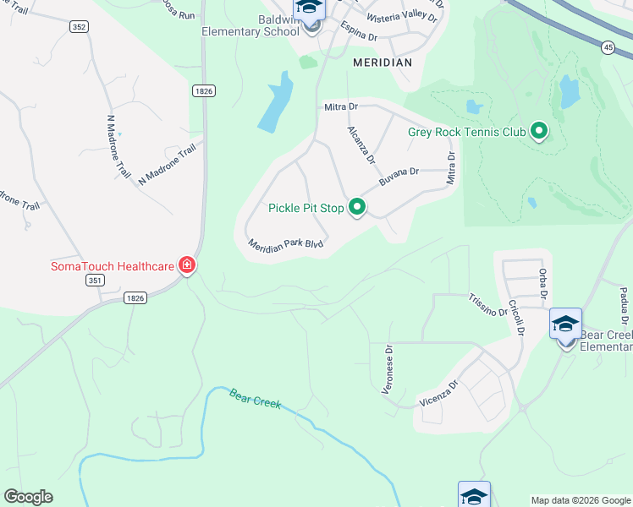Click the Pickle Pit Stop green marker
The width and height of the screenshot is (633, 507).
[x=357, y=207]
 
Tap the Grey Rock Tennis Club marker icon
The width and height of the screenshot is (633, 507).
[x=538, y=131]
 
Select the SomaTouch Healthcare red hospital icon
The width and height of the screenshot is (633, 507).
[x=187, y=266]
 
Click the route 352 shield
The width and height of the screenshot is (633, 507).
[x=79, y=27]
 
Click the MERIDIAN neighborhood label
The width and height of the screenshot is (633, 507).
[x=382, y=63]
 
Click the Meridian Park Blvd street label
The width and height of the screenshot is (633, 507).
[x=286, y=246]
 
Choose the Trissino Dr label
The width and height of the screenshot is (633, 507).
[x=487, y=305]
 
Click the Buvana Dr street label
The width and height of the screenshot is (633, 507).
[x=399, y=177]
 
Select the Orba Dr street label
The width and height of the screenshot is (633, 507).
[x=542, y=284]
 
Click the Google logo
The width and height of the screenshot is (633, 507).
[x=28, y=496]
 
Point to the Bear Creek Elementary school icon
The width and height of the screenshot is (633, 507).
[x=565, y=324]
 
